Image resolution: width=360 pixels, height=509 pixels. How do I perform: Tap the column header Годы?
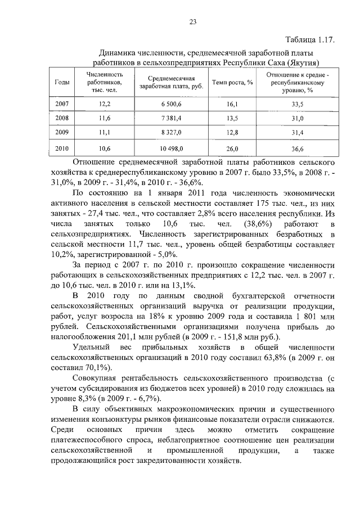pyautogui.click(x=62, y=83)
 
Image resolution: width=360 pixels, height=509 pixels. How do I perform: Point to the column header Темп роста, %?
pyautogui.click(x=232, y=83)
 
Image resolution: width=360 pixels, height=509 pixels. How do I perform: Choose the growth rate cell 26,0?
pyautogui.click(x=232, y=148)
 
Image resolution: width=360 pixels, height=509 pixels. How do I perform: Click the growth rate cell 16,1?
pyautogui.click(x=232, y=105)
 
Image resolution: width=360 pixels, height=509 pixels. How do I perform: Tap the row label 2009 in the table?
pyautogui.click(x=62, y=133)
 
